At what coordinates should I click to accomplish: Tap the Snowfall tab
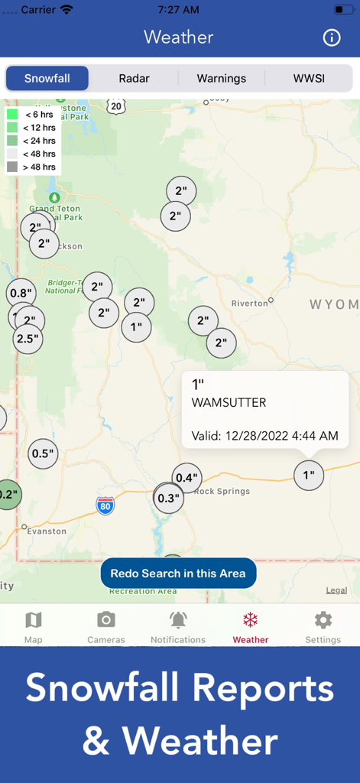(x=47, y=78)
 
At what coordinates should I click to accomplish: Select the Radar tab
(x=134, y=78)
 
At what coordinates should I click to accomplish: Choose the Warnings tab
(x=222, y=78)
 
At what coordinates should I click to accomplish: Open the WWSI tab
(x=309, y=78)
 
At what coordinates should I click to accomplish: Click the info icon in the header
(x=332, y=37)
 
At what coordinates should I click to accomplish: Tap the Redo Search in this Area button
(x=178, y=573)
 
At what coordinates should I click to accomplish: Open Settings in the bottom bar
(x=323, y=626)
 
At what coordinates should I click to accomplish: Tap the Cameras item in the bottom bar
(x=106, y=626)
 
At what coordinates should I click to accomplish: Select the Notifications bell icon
(x=178, y=620)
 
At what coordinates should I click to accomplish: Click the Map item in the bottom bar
(x=34, y=626)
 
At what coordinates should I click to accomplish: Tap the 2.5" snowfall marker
(x=28, y=338)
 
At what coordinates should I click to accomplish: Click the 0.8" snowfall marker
(x=21, y=292)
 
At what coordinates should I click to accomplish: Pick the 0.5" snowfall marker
(x=43, y=453)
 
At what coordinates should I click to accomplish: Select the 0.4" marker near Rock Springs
(x=186, y=478)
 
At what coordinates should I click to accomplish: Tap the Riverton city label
(x=250, y=303)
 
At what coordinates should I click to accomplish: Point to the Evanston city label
(x=47, y=531)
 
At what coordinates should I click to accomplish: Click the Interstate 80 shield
(x=105, y=505)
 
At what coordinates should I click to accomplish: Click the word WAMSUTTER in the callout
(x=229, y=402)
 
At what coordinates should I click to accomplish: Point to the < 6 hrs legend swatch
(x=12, y=114)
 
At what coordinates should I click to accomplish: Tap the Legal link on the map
(x=336, y=590)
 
